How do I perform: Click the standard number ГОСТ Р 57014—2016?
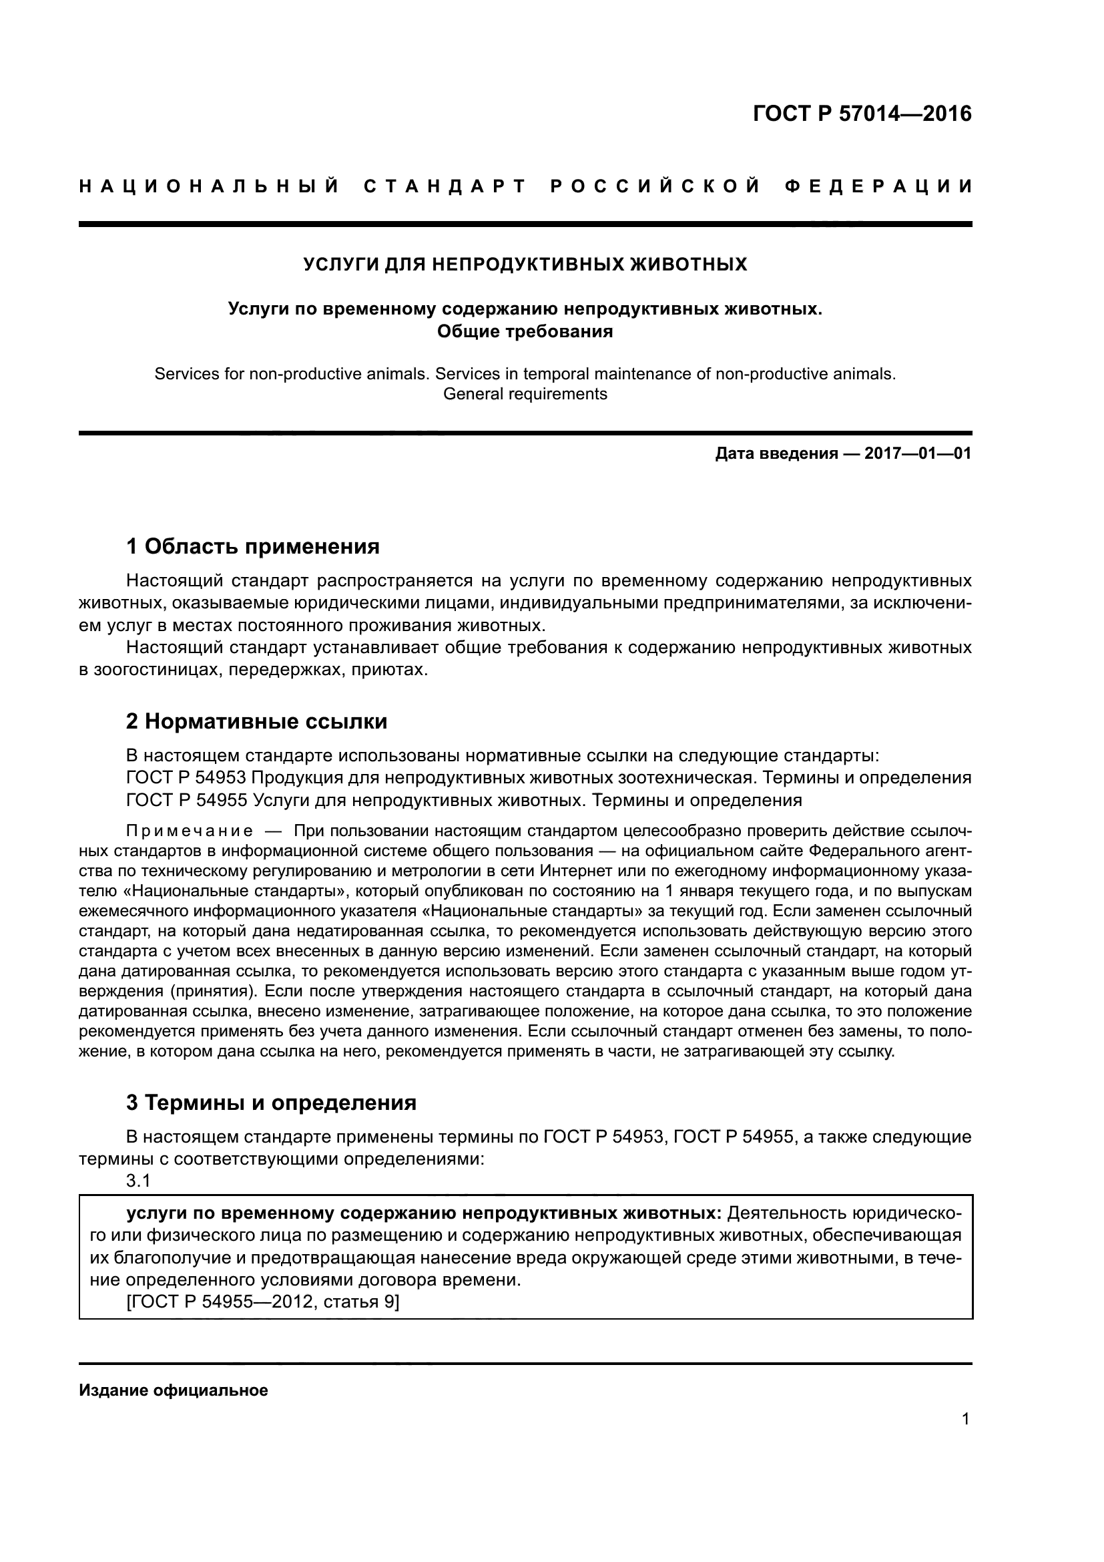862,114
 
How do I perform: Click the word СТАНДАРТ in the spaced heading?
445,186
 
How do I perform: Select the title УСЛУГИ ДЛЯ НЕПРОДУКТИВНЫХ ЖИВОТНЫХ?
525,264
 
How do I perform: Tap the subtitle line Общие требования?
525,331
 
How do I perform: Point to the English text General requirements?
525,394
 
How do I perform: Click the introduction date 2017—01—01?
918,453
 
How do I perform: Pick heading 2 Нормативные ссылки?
256,721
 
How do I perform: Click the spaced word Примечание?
190,831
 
